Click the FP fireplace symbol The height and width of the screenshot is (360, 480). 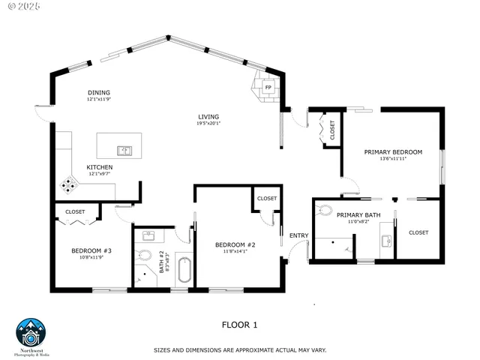coord(267,88)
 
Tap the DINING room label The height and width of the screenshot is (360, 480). coord(99,92)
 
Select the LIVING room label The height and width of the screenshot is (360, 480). coord(208,116)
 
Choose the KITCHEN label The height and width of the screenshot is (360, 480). coord(100,166)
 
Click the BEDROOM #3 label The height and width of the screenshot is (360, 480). coord(91,250)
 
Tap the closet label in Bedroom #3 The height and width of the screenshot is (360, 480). coord(75,211)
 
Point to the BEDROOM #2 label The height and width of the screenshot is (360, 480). coord(235,245)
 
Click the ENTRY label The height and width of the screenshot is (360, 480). coord(298,236)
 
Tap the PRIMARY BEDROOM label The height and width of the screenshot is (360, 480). coord(393,151)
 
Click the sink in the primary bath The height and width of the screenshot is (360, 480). coord(386,241)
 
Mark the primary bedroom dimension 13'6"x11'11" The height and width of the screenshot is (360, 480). coord(393,159)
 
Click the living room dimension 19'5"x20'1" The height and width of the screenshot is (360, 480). coord(208,124)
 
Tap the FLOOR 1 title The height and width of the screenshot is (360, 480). coord(239,325)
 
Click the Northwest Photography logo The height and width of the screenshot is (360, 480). coord(31,335)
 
